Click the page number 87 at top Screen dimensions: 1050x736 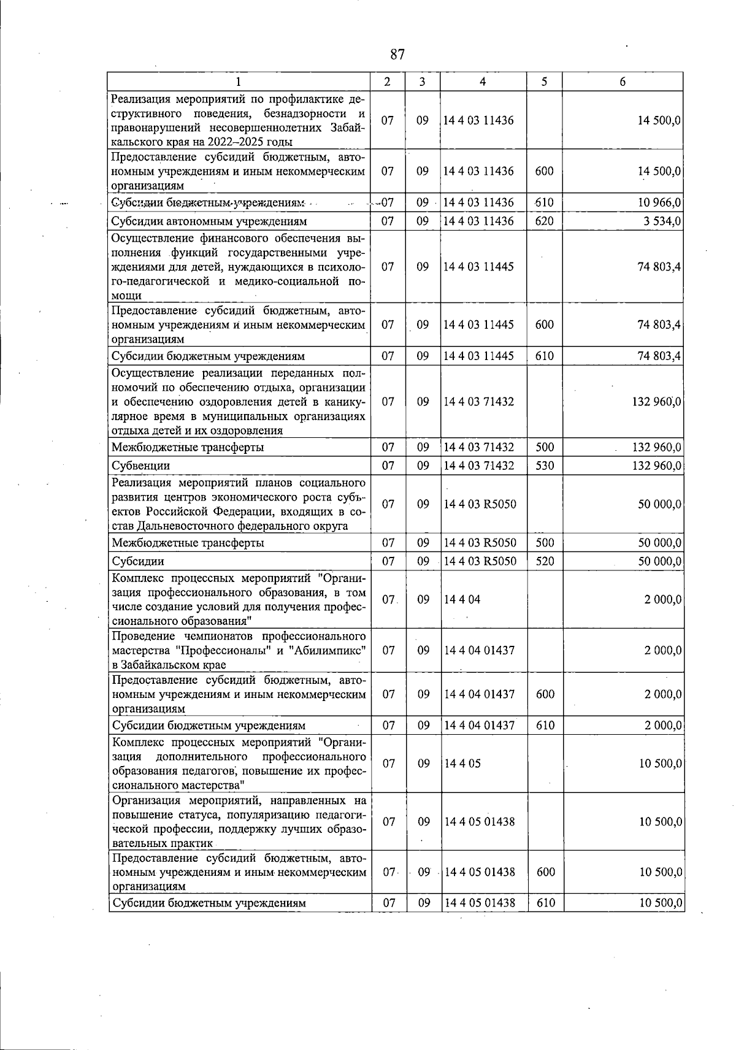[x=397, y=55]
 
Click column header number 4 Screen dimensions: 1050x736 [x=483, y=82]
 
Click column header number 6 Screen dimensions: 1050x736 [x=622, y=82]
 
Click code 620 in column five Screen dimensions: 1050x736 [x=544, y=221]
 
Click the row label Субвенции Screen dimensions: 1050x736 [x=140, y=466]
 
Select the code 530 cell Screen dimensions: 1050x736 [x=544, y=466]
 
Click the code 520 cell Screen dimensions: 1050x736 [x=544, y=561]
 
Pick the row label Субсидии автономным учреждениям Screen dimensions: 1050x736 [x=209, y=221]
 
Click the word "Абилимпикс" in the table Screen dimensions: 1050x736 [x=332, y=651]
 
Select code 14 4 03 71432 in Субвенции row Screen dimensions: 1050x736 [x=479, y=466]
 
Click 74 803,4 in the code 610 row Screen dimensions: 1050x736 [x=659, y=356]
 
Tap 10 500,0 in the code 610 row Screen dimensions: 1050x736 [x=659, y=903]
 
